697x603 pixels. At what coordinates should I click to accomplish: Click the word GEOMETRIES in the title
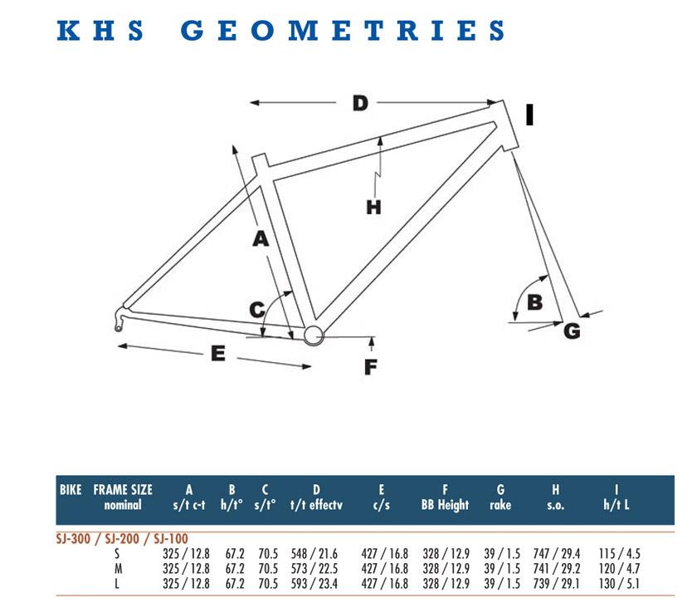click(x=342, y=31)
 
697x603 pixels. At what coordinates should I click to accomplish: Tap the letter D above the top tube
click(x=360, y=103)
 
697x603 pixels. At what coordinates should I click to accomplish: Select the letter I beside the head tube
click(x=529, y=115)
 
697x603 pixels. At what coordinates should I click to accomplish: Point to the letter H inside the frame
click(x=373, y=208)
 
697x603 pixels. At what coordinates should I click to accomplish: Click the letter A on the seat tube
click(x=261, y=239)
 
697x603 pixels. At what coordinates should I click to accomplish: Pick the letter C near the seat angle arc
click(x=257, y=309)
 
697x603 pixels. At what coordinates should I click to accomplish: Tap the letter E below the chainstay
click(x=217, y=353)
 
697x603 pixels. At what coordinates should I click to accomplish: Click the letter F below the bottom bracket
click(x=370, y=367)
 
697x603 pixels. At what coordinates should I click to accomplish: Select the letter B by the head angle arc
click(x=534, y=302)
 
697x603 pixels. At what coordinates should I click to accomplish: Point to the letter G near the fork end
click(x=572, y=331)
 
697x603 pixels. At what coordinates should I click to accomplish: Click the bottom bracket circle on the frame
click(x=314, y=335)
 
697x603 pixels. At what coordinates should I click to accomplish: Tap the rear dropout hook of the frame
click(x=119, y=319)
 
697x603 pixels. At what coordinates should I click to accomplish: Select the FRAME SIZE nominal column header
click(x=123, y=497)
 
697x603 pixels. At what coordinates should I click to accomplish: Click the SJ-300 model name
click(x=73, y=539)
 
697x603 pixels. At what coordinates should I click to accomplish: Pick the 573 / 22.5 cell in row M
click(x=314, y=569)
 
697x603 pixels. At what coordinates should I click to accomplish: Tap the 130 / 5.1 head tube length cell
click(x=619, y=583)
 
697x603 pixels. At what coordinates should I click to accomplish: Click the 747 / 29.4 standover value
click(x=557, y=554)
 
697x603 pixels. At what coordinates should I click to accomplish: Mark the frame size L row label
click(x=117, y=583)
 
